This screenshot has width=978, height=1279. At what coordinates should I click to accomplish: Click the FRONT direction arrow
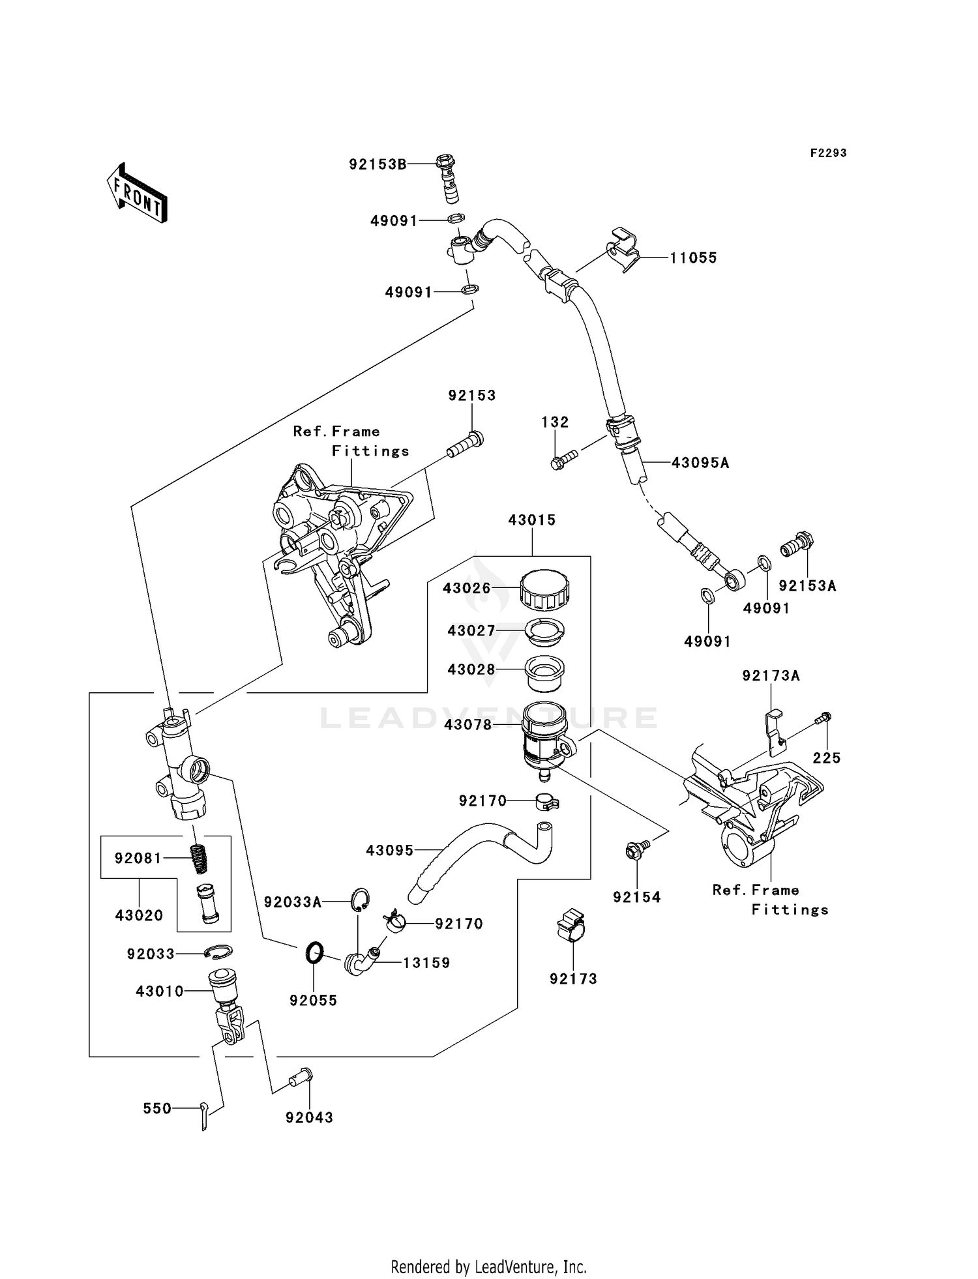pos(137,193)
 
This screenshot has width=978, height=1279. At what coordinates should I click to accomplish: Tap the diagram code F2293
pos(828,153)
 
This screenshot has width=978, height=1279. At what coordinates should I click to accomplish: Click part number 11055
pos(693,258)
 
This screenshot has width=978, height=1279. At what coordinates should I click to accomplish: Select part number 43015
pos(531,520)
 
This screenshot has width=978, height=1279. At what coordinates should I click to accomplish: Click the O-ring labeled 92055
pos(314,952)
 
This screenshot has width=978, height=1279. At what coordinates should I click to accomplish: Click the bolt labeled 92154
pos(636,849)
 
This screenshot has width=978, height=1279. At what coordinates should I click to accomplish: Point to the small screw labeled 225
pos(823,718)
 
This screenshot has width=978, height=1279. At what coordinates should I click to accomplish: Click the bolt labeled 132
pos(563,459)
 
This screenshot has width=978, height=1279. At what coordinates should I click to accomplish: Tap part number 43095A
pos(700,463)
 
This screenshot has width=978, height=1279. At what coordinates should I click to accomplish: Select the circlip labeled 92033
pos(218,952)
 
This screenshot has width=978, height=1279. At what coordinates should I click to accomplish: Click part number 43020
pos(139,915)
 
